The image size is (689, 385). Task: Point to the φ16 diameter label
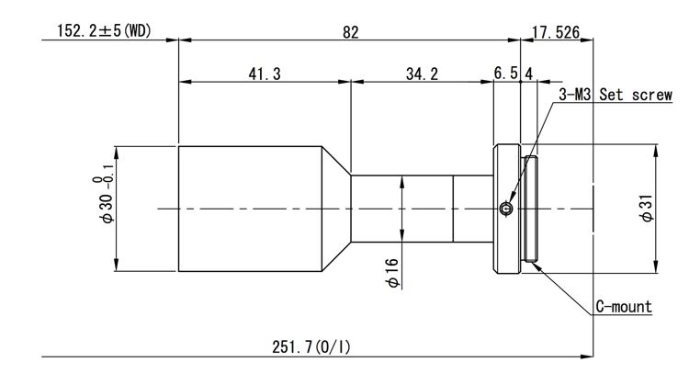coord(393,272)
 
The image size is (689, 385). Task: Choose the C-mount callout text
coord(624,306)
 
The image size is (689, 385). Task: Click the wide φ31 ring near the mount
coord(508,165)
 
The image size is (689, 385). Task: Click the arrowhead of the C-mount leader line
coord(537,264)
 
